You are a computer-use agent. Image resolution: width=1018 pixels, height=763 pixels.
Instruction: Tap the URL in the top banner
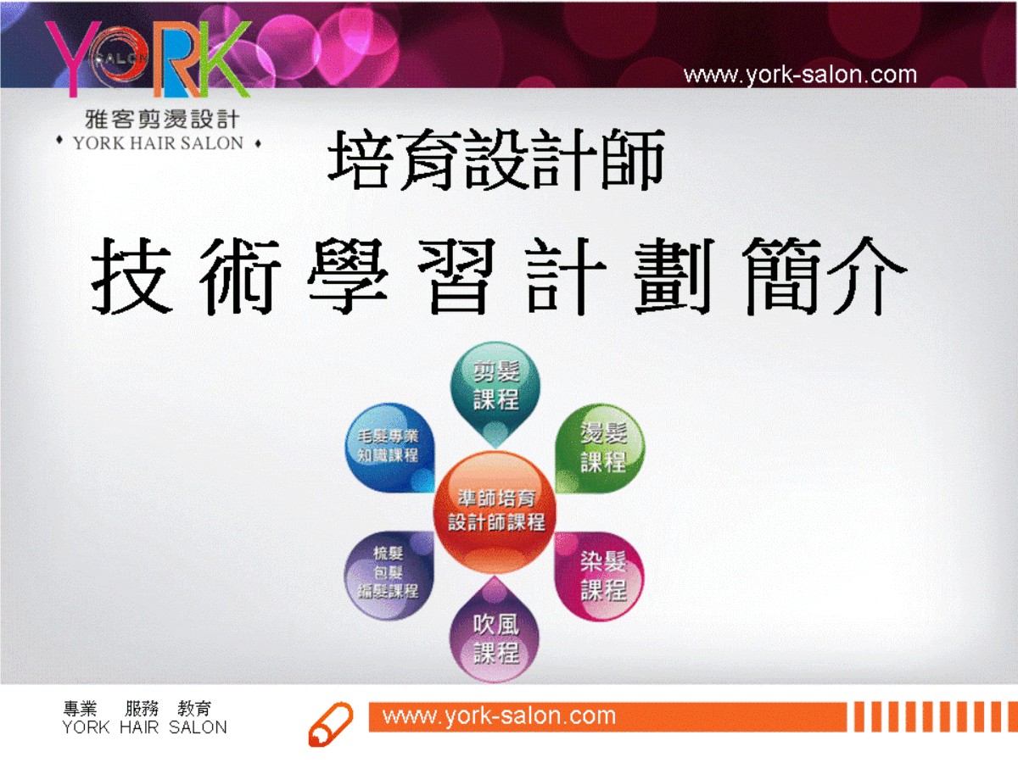(800, 75)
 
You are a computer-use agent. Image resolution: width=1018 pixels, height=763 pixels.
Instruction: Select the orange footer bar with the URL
(607, 716)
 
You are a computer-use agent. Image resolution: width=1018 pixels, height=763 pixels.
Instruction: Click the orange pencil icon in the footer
(330, 724)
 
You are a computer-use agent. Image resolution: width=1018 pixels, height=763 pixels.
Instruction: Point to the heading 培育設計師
(496, 160)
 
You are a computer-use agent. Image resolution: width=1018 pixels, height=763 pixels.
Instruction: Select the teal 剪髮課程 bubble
(495, 390)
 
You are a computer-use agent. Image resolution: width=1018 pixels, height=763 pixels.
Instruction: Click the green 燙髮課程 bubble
(601, 448)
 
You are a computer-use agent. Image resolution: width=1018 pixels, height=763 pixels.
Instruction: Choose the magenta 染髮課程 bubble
(601, 576)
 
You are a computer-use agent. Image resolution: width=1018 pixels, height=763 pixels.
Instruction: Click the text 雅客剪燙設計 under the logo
(161, 119)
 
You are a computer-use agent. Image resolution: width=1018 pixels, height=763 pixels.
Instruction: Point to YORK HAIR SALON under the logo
(159, 143)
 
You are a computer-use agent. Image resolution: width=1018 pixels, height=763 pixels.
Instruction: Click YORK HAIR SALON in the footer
(144, 727)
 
